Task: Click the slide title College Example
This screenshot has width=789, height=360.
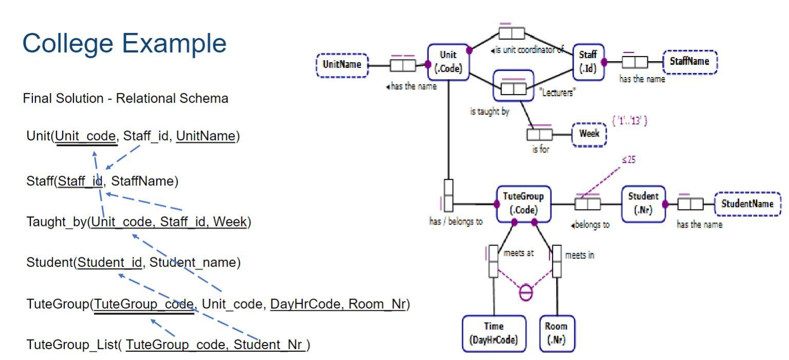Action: [x=124, y=44]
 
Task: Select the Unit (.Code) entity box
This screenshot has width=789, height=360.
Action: [x=449, y=62]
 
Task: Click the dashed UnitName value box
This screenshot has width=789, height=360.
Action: [x=341, y=65]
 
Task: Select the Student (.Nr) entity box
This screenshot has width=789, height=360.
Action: [x=643, y=204]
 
